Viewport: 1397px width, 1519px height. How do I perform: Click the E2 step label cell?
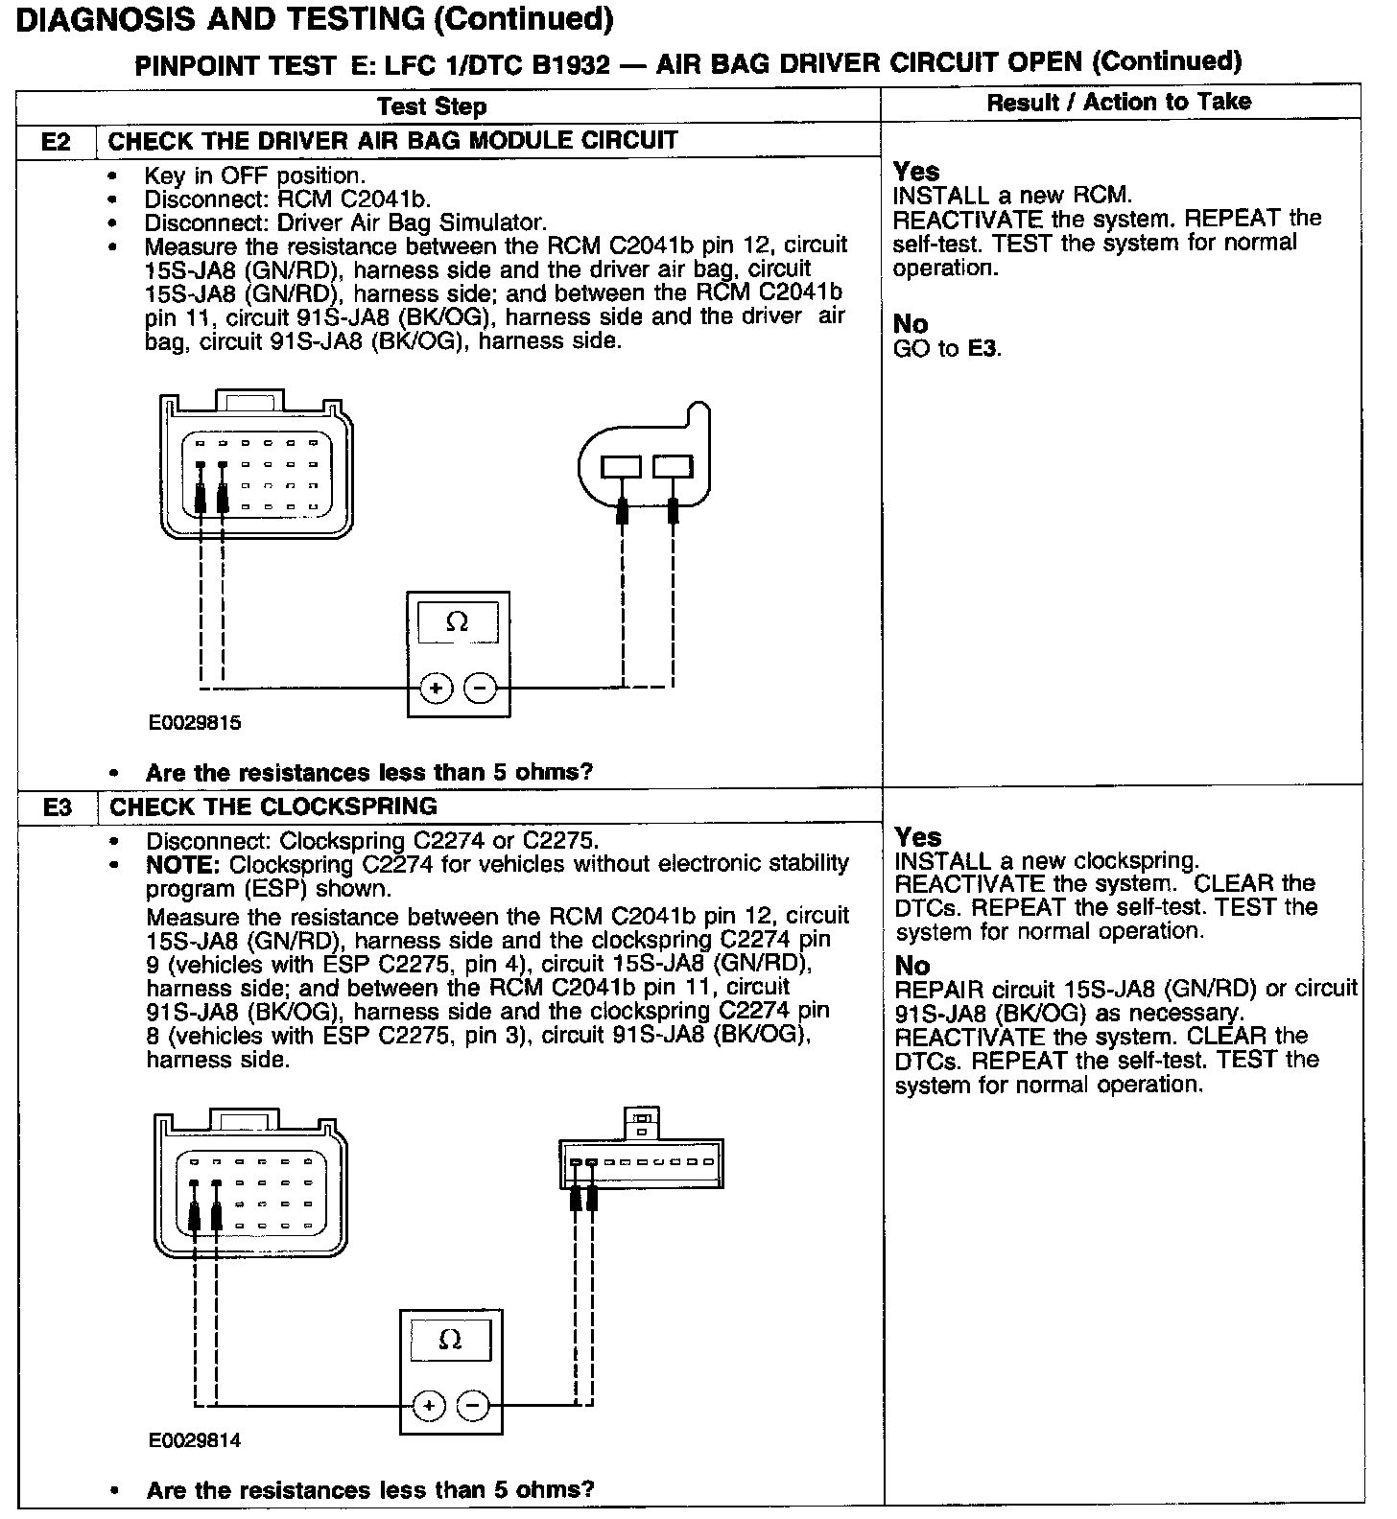coord(57,142)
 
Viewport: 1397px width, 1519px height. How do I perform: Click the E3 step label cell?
coord(58,807)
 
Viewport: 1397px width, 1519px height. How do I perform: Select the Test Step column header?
coord(432,106)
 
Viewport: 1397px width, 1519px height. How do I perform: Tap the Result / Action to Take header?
coord(1119,102)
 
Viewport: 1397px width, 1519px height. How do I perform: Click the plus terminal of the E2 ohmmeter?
coord(436,688)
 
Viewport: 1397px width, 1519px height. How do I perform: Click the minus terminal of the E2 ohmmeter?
coord(481,688)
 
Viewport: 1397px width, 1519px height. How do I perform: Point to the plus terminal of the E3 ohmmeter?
coord(429,1406)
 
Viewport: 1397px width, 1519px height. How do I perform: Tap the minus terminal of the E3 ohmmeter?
coord(473,1406)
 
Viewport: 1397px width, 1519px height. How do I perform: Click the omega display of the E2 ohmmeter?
coord(458,622)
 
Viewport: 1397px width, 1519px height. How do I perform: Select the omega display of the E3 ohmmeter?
coord(450,1340)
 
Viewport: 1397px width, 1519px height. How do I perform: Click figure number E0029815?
coord(195,723)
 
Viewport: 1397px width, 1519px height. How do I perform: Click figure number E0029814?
coord(195,1440)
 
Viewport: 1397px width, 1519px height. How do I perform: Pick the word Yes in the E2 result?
coord(916,172)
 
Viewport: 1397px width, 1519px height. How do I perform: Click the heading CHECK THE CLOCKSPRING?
coord(273,806)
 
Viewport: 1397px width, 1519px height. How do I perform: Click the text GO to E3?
coord(947,349)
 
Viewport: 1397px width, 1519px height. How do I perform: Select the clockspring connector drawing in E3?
coord(641,1158)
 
